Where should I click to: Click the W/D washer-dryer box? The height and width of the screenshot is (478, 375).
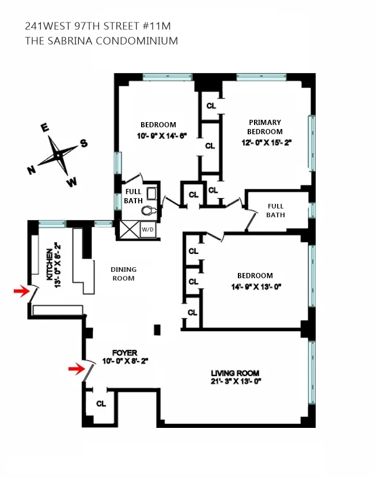148,229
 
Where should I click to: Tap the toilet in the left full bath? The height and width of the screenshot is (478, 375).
149,211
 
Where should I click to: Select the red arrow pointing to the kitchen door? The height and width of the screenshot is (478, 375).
21,292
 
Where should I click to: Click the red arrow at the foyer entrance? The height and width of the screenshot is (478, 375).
75,369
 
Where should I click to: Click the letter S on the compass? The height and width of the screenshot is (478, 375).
84,143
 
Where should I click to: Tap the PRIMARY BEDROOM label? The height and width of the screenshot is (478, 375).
265,127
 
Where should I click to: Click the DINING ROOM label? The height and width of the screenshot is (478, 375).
123,274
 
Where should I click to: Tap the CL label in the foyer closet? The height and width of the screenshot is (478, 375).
101,404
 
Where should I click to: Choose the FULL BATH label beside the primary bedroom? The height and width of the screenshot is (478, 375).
275,210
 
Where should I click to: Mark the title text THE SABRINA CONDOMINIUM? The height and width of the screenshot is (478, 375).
102,41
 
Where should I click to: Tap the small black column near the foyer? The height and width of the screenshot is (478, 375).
157,329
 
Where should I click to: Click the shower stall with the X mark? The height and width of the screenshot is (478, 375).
128,229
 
